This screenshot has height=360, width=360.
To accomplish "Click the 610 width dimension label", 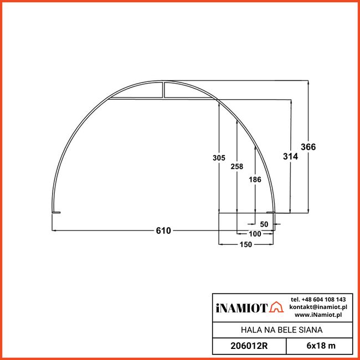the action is point(163,230).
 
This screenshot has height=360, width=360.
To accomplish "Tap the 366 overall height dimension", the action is point(308,147).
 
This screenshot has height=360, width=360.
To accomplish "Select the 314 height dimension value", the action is point(290,156).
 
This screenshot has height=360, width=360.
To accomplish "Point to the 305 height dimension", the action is point(219,158).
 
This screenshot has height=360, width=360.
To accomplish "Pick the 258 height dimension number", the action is point(236,166).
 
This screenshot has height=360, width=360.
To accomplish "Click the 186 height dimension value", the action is point(255,179).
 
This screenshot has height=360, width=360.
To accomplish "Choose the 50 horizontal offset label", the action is point(264,224).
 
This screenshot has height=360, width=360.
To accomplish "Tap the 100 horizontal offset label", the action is point(255,234).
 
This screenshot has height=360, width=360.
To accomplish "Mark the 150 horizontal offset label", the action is point(246,244).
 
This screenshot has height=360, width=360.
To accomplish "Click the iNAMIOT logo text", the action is point(242,308).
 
